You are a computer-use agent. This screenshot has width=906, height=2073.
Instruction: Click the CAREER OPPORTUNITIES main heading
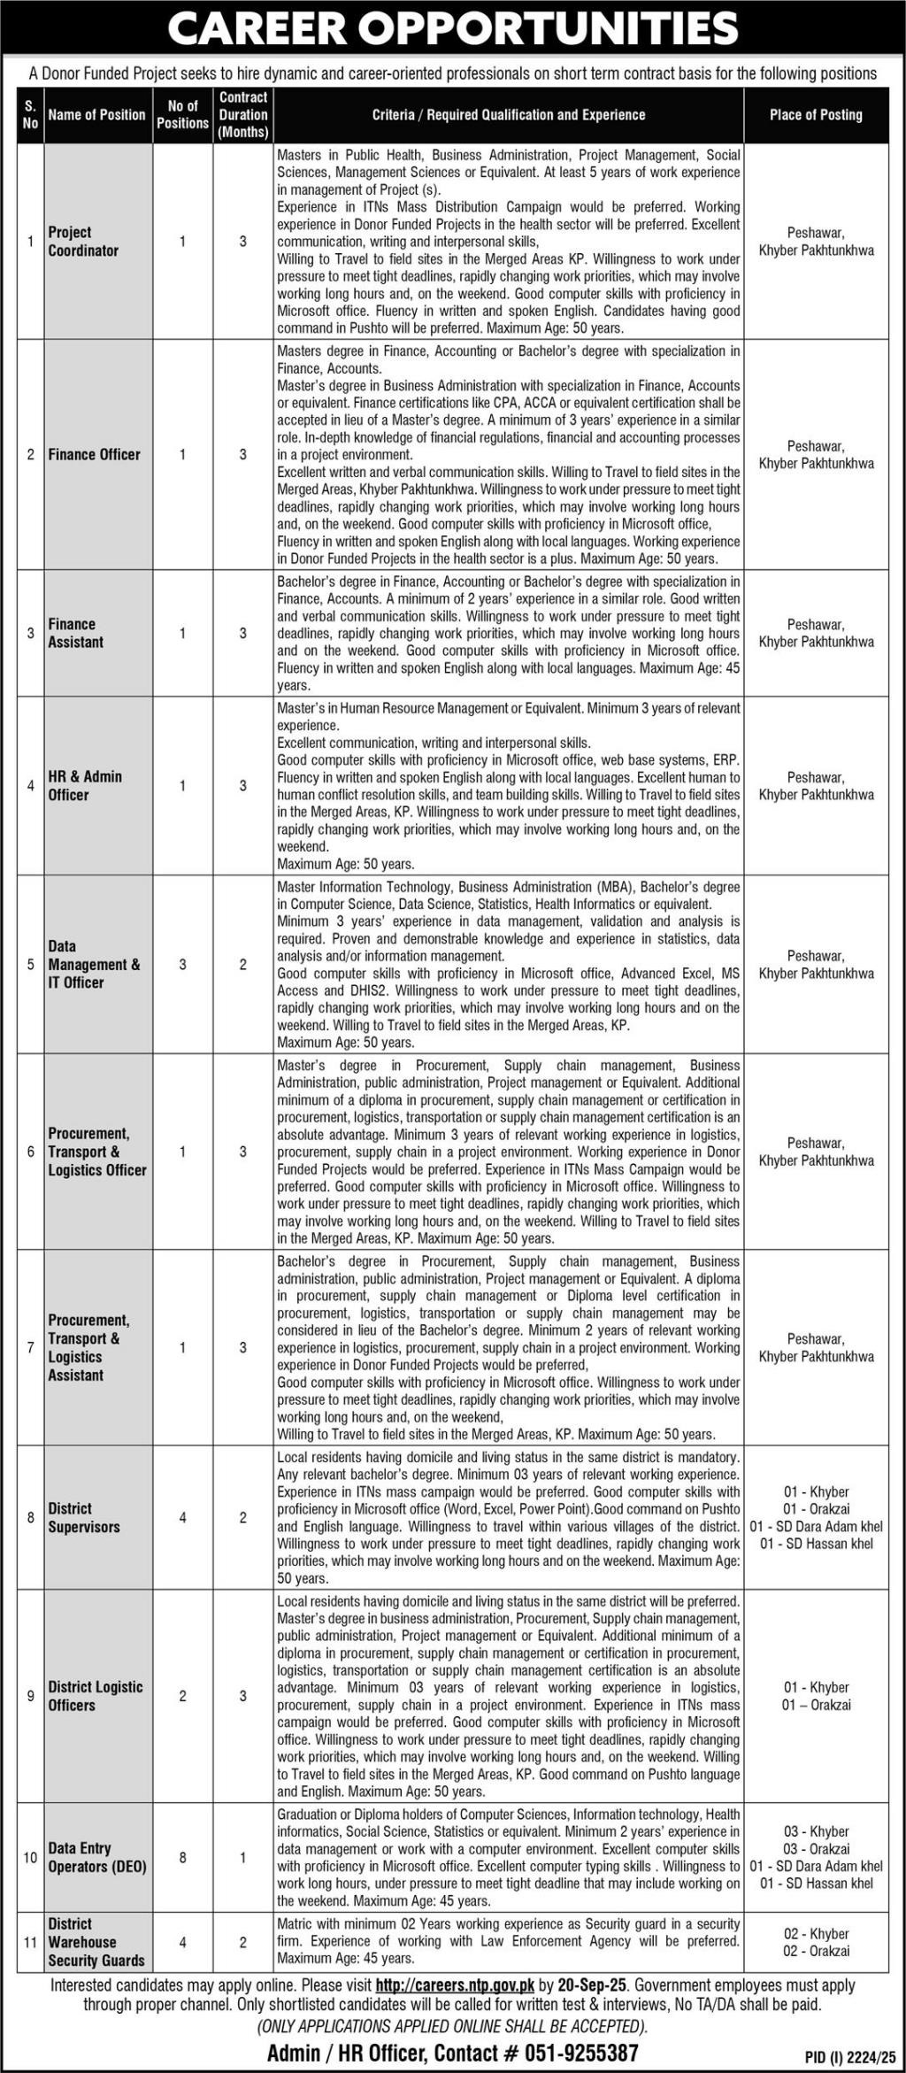point(452,28)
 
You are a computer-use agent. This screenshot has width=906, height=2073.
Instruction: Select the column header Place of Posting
point(815,115)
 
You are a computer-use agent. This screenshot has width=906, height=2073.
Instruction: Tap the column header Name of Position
point(96,115)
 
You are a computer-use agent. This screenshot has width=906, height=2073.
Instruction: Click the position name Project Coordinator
point(83,241)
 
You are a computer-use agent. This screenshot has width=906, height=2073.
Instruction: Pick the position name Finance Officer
point(94,454)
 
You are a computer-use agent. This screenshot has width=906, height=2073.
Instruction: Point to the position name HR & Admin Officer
point(85,785)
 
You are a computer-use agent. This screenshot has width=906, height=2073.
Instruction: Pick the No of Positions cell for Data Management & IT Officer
point(182,964)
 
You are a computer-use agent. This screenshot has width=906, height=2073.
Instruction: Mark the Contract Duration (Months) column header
point(243,115)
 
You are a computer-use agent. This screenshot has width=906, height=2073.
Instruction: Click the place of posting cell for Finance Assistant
point(815,633)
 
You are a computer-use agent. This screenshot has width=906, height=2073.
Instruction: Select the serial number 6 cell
point(30,1152)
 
